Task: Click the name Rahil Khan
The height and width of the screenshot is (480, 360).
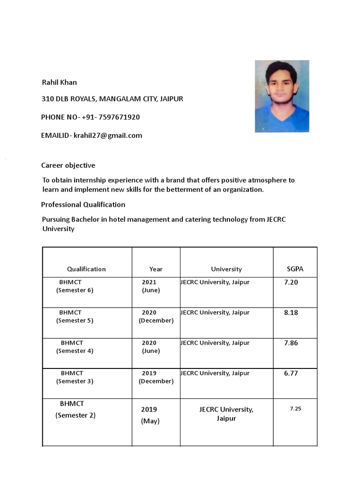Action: pos(60,82)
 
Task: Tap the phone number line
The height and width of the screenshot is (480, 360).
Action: pos(90,117)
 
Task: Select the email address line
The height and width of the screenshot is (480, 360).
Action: pos(91,135)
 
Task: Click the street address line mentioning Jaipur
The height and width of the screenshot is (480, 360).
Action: pos(112,99)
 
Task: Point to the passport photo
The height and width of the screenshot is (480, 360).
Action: pos(282,96)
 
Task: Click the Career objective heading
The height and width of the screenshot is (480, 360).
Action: pos(68,165)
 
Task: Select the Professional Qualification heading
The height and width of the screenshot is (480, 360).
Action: pos(83,204)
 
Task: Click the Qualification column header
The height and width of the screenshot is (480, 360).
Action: pos(86,269)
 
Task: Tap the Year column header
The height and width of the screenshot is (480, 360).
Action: pos(156,269)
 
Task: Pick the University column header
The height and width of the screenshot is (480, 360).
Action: pos(226,269)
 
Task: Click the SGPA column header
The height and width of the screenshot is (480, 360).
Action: pos(295,269)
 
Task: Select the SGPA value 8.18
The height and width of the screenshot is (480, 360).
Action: pos(291,313)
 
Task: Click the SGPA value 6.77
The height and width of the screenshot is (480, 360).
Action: pos(291,374)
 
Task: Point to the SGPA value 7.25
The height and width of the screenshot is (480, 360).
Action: pos(295,409)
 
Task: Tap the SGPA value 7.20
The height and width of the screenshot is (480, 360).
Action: pos(291,283)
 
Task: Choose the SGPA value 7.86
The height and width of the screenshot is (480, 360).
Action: pos(291,343)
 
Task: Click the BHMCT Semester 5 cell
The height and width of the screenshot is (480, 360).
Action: pos(75,316)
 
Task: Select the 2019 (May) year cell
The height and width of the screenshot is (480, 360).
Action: pos(150,415)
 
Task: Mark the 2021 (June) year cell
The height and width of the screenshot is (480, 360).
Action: pos(150,286)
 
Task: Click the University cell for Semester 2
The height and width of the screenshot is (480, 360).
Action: pos(226,413)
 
